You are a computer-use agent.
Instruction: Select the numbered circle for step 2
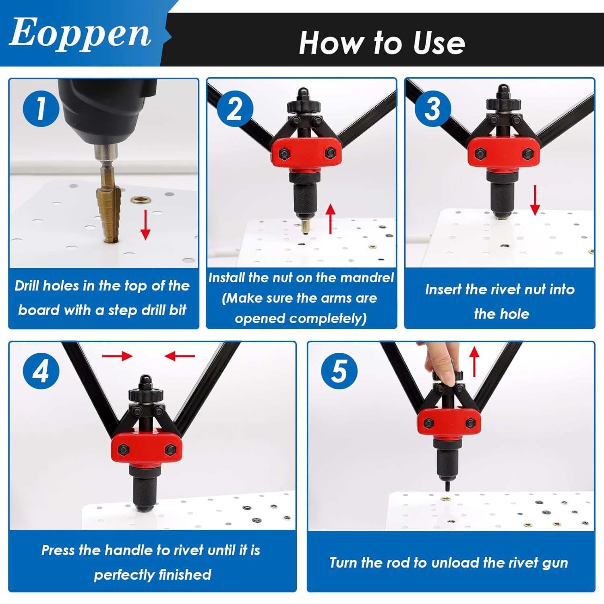click(x=235, y=108)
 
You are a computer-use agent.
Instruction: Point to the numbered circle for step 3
click(x=433, y=108)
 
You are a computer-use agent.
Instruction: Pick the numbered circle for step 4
click(x=41, y=371)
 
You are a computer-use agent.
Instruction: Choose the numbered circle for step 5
click(x=339, y=371)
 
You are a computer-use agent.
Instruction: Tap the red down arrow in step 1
click(x=145, y=225)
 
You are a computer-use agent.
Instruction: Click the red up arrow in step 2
click(x=330, y=219)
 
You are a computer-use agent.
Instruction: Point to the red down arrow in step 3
click(x=535, y=200)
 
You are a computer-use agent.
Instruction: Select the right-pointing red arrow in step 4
click(x=117, y=356)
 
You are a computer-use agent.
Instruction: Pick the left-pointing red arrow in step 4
click(x=180, y=356)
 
